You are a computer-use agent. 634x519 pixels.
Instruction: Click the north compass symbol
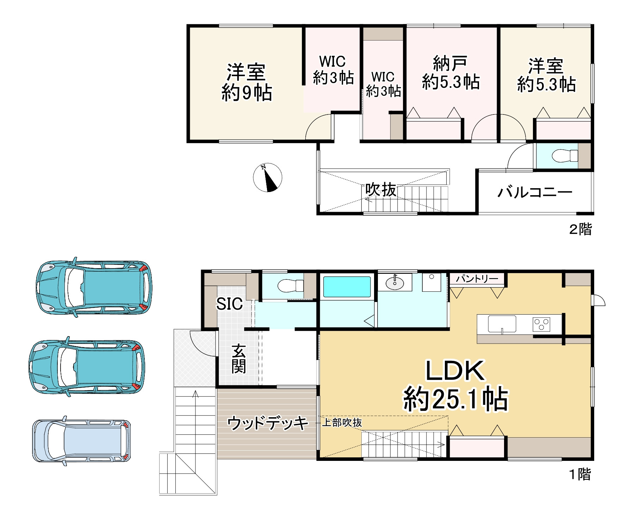268,178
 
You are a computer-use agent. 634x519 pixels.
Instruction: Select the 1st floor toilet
291,285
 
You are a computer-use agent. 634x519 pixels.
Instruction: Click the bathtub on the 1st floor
347,287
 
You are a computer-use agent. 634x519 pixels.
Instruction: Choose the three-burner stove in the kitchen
542,324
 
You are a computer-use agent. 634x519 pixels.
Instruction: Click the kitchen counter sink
502,324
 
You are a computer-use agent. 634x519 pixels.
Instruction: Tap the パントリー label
477,279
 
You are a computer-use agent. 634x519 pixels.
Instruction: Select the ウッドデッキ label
268,423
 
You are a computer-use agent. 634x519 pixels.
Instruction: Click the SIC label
229,304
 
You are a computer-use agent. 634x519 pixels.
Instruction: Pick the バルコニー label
535,192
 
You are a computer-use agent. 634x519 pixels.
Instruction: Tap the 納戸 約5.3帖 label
450,73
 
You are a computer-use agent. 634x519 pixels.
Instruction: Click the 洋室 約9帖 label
246,82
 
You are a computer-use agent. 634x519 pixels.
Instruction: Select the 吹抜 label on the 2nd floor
381,190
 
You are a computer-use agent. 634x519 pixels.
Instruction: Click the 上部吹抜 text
342,422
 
